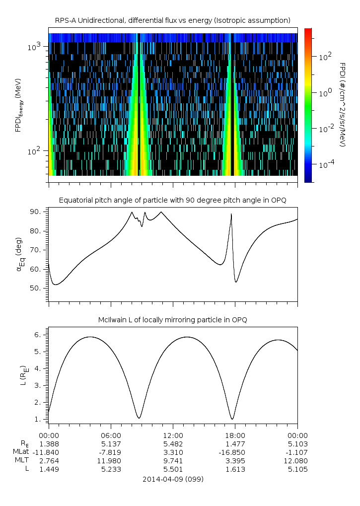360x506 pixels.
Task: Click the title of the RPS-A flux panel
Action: point(172,20)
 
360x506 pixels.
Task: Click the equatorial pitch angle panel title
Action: point(172,200)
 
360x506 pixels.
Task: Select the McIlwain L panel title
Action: point(172,319)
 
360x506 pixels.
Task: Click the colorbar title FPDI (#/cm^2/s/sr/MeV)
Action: point(342,104)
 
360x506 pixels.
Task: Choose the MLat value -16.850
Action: point(235,452)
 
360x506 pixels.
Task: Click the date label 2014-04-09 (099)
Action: point(173,480)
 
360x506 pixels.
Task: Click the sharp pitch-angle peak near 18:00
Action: point(231,214)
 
